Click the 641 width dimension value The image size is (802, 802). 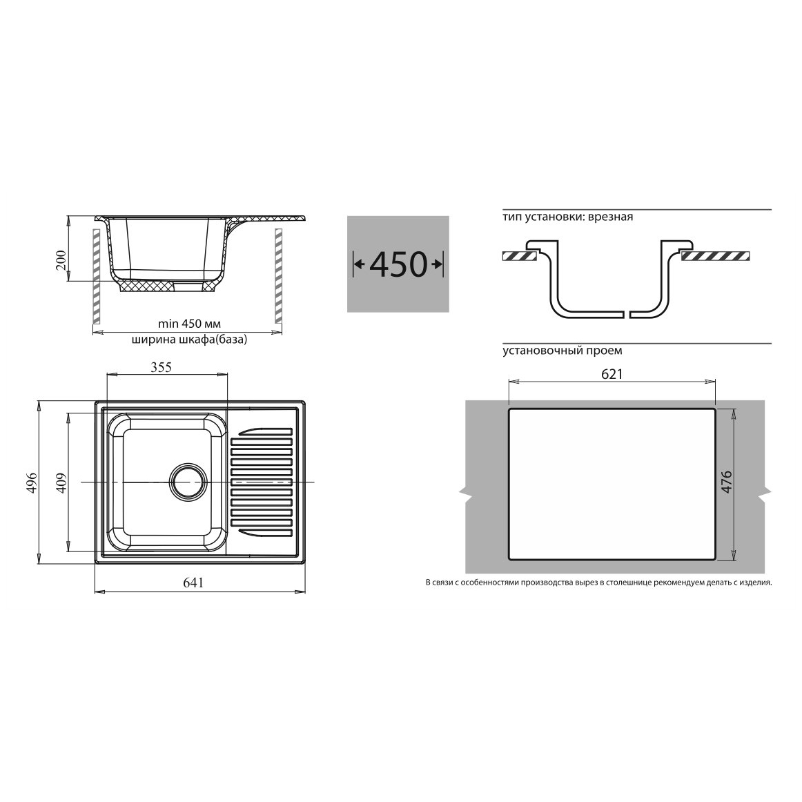[x=193, y=583]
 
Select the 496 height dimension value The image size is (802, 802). [x=32, y=483]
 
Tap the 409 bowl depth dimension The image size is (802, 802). [x=61, y=482]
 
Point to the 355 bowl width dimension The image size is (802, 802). [x=161, y=367]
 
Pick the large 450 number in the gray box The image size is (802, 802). [x=398, y=264]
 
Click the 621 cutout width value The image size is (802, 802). [x=612, y=374]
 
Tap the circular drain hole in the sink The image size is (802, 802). [x=188, y=482]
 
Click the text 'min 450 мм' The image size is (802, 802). [x=189, y=324]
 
